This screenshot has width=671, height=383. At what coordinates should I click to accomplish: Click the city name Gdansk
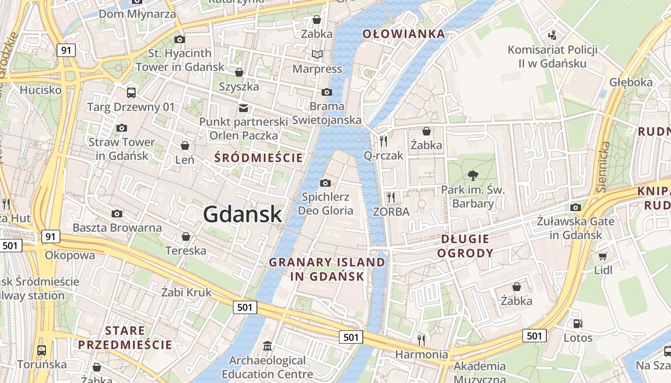(x=243, y=214)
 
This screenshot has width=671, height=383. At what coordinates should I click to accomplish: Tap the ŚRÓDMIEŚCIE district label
(x=259, y=158)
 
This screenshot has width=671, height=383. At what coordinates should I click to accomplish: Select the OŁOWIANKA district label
(x=404, y=34)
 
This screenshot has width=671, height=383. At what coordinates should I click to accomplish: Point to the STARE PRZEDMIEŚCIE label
(x=125, y=338)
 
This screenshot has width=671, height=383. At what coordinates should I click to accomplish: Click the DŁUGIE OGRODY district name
(x=465, y=246)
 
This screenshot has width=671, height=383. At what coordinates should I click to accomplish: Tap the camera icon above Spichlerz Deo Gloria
(x=325, y=183)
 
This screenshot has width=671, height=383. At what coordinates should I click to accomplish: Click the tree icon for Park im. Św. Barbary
(x=473, y=175)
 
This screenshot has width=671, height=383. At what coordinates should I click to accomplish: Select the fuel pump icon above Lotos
(x=578, y=323)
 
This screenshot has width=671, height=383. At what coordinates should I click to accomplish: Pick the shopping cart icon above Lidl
(x=603, y=256)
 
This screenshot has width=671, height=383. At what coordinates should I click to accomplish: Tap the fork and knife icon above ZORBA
(x=391, y=197)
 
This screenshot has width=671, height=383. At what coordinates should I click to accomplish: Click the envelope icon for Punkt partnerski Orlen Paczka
(x=243, y=108)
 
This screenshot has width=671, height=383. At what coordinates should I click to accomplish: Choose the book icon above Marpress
(x=317, y=55)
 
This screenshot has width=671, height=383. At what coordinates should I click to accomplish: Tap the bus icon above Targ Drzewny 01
(x=131, y=92)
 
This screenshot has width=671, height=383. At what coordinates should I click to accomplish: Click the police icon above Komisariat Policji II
(x=552, y=35)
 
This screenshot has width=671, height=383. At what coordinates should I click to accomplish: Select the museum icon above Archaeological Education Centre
(x=267, y=346)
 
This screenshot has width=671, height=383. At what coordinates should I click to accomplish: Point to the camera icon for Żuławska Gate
(x=575, y=207)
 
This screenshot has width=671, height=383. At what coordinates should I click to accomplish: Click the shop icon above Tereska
(x=186, y=237)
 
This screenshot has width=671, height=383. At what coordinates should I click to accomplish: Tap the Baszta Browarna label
(x=117, y=227)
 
